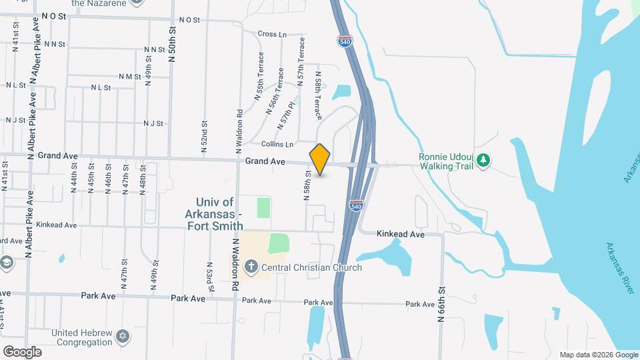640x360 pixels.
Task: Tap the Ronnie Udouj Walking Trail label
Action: (x=445, y=162)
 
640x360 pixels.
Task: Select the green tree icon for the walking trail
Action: (x=485, y=160)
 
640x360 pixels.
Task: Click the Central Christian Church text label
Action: (x=311, y=268)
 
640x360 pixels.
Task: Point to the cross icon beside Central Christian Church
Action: (x=251, y=268)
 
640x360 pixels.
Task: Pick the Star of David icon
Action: (x=123, y=337)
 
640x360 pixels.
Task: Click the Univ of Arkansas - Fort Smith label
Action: (x=216, y=208)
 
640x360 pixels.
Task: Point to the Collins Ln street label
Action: (x=277, y=145)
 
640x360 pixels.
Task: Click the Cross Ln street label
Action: (x=271, y=34)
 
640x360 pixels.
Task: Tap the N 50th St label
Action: (x=172, y=45)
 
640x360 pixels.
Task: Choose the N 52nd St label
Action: (x=205, y=133)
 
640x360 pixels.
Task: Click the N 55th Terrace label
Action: (x=259, y=76)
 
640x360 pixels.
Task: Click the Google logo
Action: (x=23, y=351)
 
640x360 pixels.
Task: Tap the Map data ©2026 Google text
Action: (x=598, y=355)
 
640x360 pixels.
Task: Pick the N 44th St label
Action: (x=74, y=181)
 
